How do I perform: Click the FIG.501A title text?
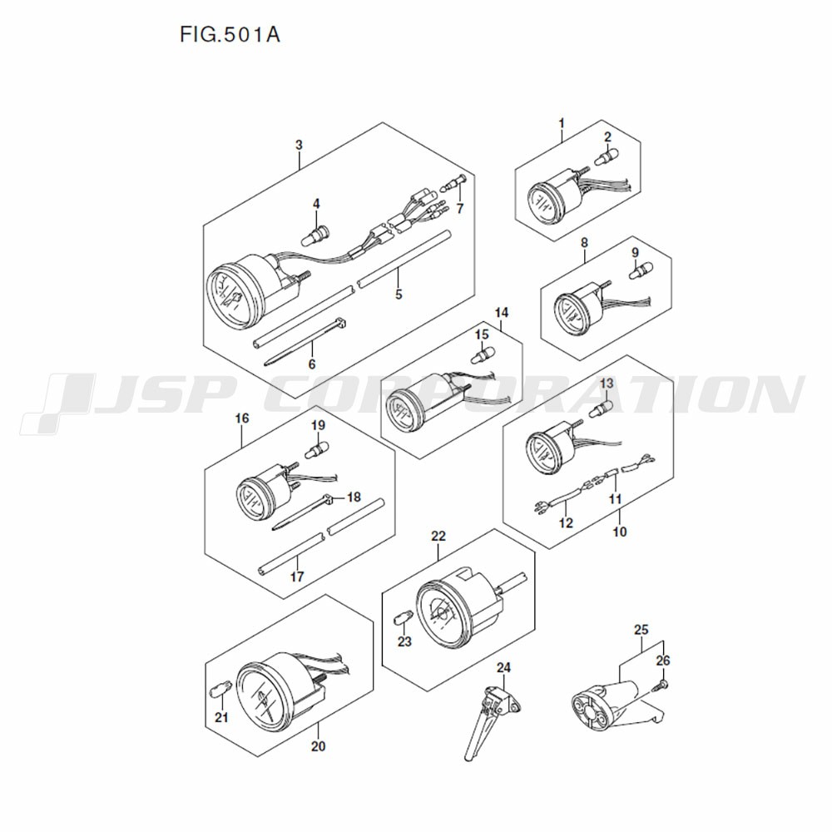(229, 37)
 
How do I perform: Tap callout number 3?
(300, 145)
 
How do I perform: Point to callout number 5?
(399, 295)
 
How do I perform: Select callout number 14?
(501, 313)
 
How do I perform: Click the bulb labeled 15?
(480, 355)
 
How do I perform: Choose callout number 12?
(566, 523)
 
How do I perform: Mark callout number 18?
(354, 498)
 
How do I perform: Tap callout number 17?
(297, 576)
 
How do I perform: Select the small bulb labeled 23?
(401, 618)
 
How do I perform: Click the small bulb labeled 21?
(220, 690)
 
